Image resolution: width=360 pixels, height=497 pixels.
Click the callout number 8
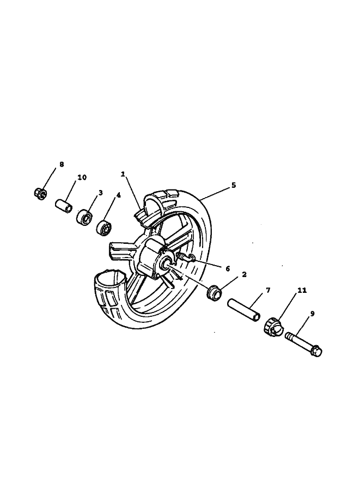point(62,164)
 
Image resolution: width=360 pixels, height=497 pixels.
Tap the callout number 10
point(82,177)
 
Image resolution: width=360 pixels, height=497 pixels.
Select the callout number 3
point(101,192)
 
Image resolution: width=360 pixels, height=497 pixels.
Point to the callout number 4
point(118,195)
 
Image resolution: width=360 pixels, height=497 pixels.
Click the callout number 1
point(123,174)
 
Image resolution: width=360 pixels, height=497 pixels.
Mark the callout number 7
point(268,290)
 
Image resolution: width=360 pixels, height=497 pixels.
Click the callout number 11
point(302,290)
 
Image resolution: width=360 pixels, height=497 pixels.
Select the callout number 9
point(313,314)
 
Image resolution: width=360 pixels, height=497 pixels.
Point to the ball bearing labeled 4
point(105,227)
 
